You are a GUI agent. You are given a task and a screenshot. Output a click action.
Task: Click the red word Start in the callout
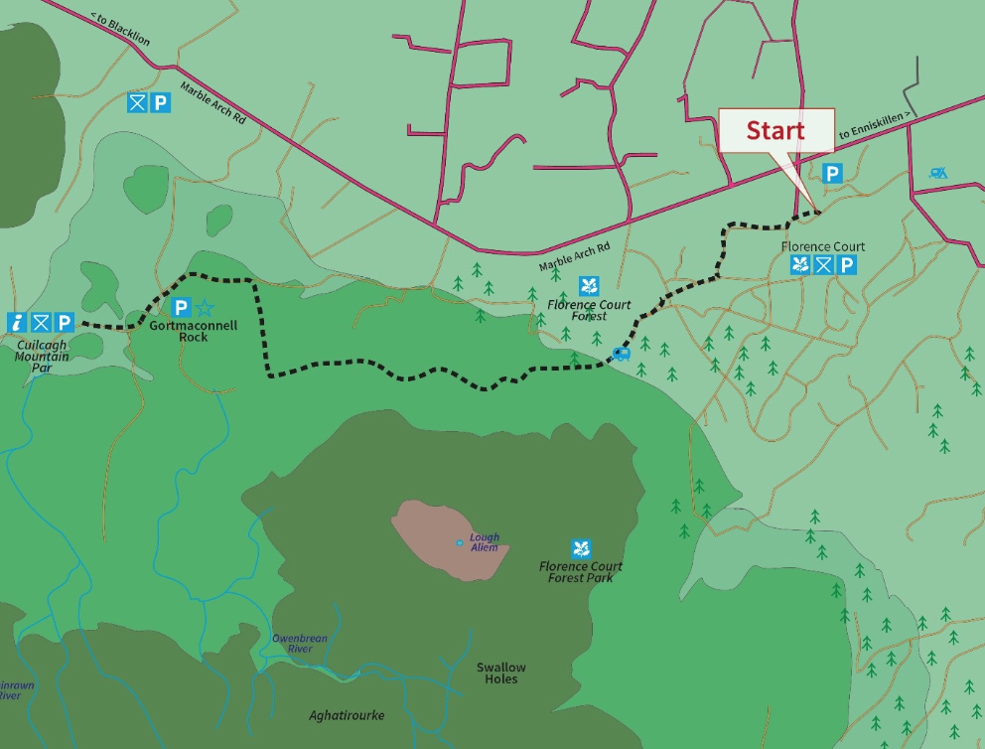click(x=775, y=130)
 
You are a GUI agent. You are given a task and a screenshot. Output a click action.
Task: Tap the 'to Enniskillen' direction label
click(x=874, y=126)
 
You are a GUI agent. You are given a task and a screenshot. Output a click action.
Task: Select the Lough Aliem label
click(x=484, y=542)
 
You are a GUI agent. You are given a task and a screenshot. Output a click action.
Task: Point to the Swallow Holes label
click(x=500, y=674)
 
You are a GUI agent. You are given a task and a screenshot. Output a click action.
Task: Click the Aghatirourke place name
click(x=346, y=715)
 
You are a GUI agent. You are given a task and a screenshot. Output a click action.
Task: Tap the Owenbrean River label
click(x=299, y=644)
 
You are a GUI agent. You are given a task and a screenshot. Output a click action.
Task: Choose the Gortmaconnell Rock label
click(x=194, y=331)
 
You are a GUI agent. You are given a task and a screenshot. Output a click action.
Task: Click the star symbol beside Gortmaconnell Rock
click(x=205, y=308)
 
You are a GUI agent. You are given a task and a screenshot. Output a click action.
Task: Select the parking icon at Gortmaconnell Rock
click(x=181, y=308)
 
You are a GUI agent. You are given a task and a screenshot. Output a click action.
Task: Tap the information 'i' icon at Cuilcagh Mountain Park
click(x=17, y=323)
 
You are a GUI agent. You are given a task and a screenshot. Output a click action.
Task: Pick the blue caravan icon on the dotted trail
click(x=622, y=353)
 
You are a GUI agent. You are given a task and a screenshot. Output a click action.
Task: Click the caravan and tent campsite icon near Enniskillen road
click(x=937, y=173)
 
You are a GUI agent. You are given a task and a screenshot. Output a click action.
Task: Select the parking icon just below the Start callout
click(x=832, y=173)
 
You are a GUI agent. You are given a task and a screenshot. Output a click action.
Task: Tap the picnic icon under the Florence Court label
click(x=823, y=265)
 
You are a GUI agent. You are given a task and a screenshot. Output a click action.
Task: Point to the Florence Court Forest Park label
click(x=581, y=572)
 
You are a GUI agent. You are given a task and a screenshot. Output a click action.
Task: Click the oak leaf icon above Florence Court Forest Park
click(x=581, y=547)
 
